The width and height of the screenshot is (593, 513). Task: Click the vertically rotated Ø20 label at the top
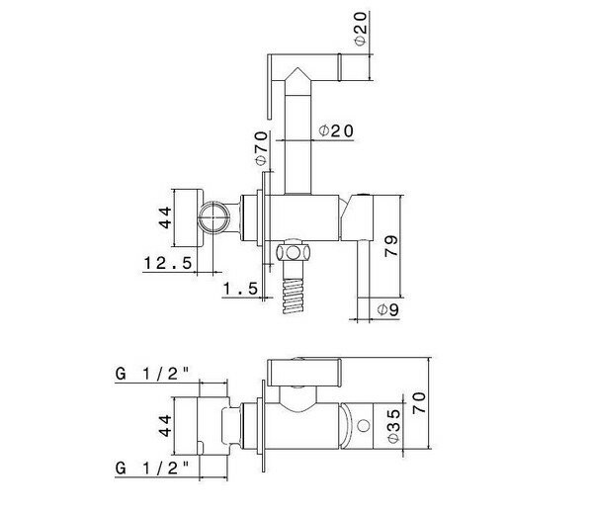coord(361,29)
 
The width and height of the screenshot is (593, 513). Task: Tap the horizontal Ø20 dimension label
coord(336,130)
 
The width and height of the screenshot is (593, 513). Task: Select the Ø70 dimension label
coord(262,148)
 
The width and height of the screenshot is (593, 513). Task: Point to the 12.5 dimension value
coord(168,263)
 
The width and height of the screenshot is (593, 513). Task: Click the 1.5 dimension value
coord(240,289)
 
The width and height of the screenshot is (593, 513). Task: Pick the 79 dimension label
coord(391,246)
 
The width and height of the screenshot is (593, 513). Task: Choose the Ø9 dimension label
coord(388,310)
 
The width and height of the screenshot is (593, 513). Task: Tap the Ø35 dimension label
coord(394,426)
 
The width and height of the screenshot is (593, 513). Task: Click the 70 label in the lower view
coord(419,403)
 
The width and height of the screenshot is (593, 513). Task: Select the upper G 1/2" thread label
coord(152,375)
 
